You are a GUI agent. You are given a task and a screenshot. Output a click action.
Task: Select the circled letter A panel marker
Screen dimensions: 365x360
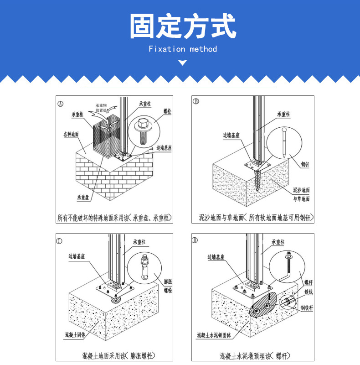click(61, 103)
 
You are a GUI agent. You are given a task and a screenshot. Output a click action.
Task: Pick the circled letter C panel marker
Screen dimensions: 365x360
click(59, 240)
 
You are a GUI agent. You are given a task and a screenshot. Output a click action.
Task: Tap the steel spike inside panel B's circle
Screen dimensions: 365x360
click(285, 143)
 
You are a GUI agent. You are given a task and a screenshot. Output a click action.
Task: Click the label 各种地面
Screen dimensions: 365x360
click(71, 135)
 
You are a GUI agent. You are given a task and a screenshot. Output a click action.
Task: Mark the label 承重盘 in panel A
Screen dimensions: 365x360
click(83, 198)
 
